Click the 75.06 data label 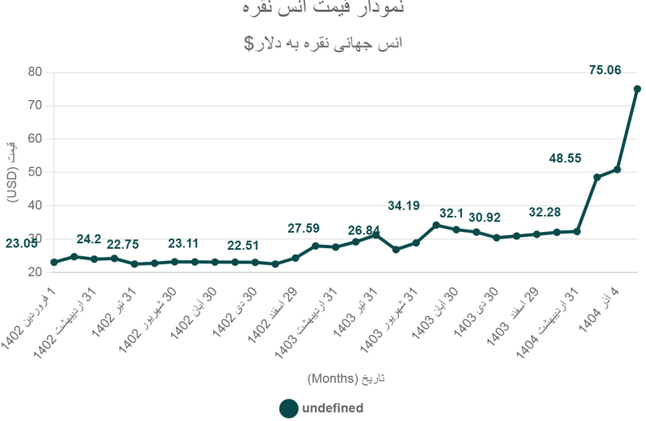pos(605,70)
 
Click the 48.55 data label pos(565,158)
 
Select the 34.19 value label pos(404,206)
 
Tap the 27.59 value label pos(304,229)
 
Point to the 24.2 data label pos(89,239)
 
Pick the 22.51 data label pos(243,246)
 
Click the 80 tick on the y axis pos(35,72)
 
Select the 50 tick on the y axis pos(35,172)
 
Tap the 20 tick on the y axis pos(35,272)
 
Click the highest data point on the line pos(637,89)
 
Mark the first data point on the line pos(54,262)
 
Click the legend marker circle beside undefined pos(288,408)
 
